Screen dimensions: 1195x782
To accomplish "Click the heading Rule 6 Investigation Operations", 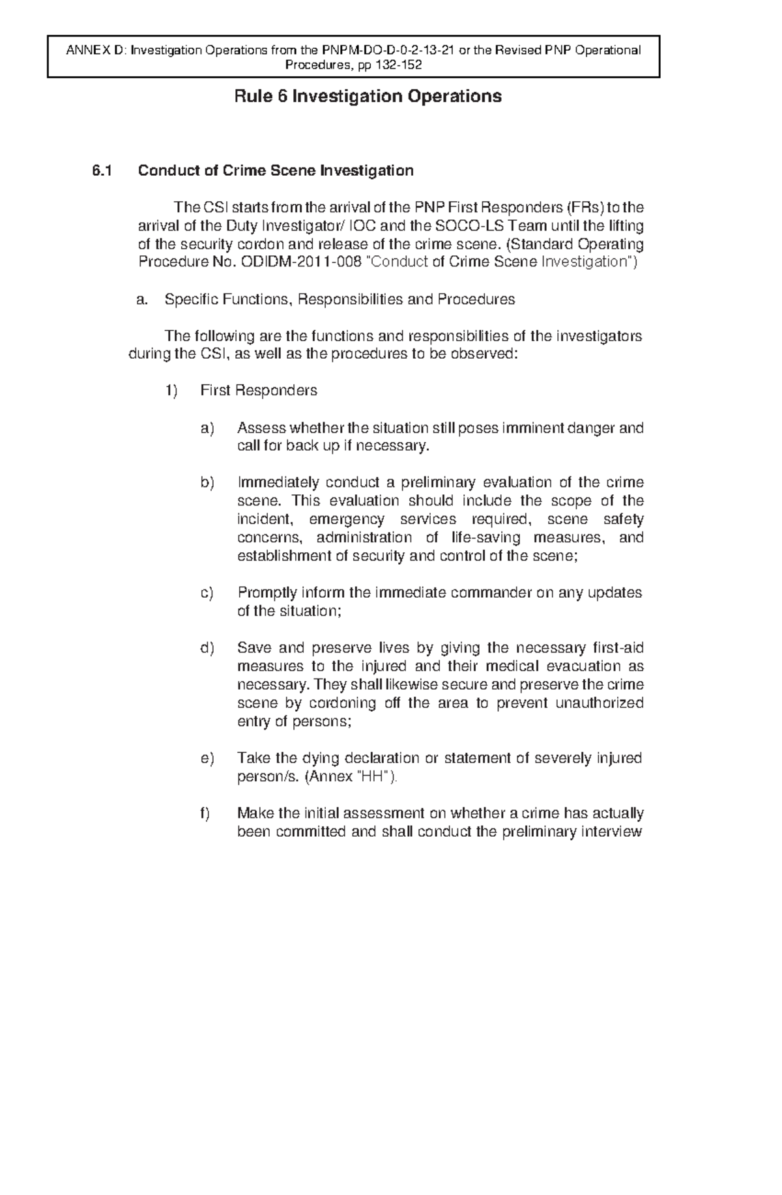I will tap(368, 97).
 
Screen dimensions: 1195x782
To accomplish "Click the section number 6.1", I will tap(102, 171).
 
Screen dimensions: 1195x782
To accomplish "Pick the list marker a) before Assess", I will tap(207, 429).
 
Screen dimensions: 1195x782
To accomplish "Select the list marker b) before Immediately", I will tap(207, 483).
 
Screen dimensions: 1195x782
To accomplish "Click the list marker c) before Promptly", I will tap(207, 593).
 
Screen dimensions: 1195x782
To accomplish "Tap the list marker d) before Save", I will tap(207, 649).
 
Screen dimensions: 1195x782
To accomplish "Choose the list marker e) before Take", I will tap(207, 759).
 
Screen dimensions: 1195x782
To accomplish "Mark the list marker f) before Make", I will tap(205, 813).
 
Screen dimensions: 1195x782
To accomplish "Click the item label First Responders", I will tap(259, 391).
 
